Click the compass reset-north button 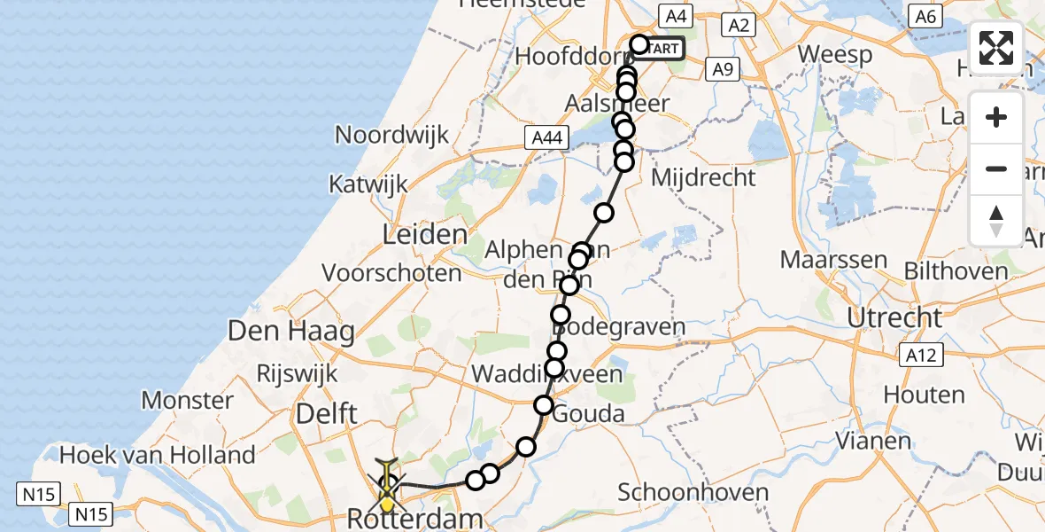pyautogui.click(x=996, y=221)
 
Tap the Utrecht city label pyautogui.click(x=894, y=317)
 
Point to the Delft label pyautogui.click(x=328, y=413)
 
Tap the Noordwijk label pyautogui.click(x=392, y=136)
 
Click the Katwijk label pyautogui.click(x=368, y=184)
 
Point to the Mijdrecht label pyautogui.click(x=703, y=177)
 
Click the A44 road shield pyautogui.click(x=546, y=137)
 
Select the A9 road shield pyautogui.click(x=724, y=69)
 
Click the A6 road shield pyautogui.click(x=925, y=16)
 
